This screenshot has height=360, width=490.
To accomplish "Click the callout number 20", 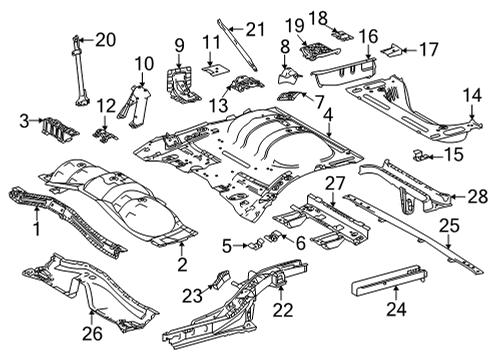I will [x=105, y=39].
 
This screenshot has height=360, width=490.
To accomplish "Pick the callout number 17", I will [x=428, y=47].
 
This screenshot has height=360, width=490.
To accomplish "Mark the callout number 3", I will [x=24, y=121].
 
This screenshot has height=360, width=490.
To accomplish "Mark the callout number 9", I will [x=179, y=44].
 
